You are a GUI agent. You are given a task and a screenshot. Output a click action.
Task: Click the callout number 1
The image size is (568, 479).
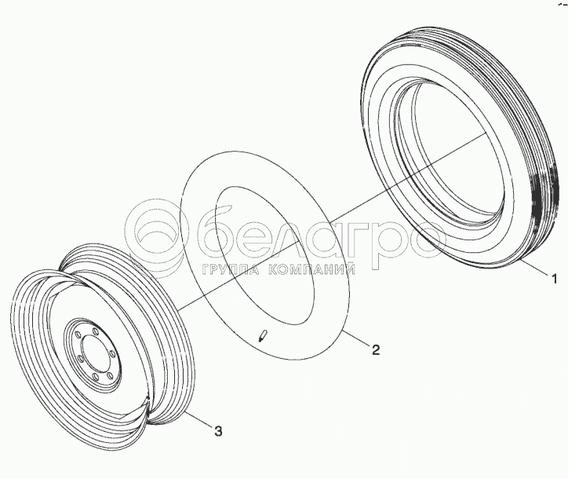point(554,279)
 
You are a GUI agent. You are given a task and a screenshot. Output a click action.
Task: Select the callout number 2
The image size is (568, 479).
point(376,349)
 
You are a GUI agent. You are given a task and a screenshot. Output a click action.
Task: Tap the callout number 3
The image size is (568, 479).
point(218,431)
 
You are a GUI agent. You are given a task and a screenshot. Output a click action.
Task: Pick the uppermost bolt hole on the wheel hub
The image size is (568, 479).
point(95,331)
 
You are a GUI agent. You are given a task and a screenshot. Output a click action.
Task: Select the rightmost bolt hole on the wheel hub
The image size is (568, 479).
point(112,353)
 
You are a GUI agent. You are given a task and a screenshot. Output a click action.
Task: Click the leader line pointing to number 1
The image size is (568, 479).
point(534,266)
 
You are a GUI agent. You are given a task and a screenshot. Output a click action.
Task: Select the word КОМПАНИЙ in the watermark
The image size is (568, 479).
point(312,269)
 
